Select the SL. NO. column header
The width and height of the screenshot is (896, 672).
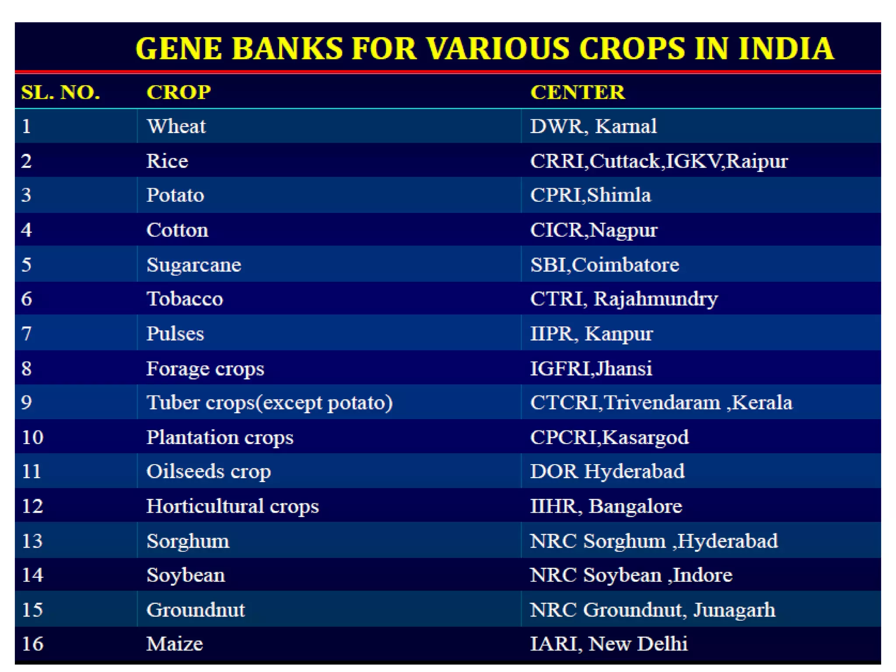click(60, 92)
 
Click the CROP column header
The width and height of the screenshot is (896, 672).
click(178, 92)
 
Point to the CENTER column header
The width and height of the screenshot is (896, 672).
click(577, 92)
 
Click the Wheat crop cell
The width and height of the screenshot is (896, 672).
click(176, 126)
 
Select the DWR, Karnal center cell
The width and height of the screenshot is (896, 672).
click(593, 126)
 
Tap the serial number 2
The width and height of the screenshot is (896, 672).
click(26, 161)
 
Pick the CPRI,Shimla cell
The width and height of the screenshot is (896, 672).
click(591, 195)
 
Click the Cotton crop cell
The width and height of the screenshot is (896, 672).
click(177, 230)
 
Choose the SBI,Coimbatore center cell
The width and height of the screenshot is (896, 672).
click(605, 265)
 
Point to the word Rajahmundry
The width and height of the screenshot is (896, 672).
click(655, 299)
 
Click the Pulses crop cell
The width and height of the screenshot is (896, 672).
click(175, 334)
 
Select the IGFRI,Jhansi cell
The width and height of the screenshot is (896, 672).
click(591, 368)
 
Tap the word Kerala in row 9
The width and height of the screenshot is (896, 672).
click(762, 402)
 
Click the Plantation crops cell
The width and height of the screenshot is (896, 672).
click(220, 437)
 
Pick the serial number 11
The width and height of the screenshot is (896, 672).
click(31, 472)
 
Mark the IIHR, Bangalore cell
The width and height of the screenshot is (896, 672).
click(606, 506)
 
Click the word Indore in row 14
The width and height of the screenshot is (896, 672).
click(703, 575)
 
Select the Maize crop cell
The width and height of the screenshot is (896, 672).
click(175, 644)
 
